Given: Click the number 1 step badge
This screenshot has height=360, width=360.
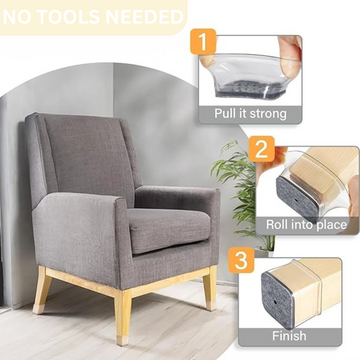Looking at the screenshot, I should click(x=206, y=44).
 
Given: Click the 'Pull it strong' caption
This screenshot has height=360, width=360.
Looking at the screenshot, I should click(x=251, y=113).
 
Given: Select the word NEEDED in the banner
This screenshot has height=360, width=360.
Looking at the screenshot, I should click(x=145, y=17).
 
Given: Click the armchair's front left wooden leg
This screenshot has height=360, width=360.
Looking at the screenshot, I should click(x=42, y=290).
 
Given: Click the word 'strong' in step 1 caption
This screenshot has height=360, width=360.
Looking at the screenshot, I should click(x=268, y=113).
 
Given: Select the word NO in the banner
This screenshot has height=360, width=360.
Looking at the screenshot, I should click(x=26, y=17).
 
